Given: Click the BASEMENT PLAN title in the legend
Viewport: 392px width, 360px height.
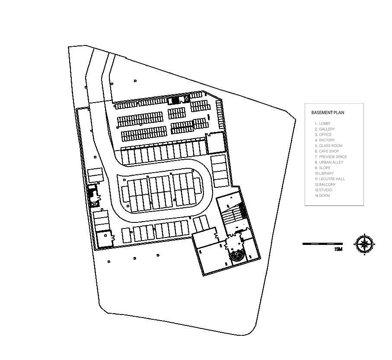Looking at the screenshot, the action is pyautogui.click(x=328, y=113).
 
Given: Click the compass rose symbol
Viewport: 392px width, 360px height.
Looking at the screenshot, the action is pyautogui.click(x=365, y=244).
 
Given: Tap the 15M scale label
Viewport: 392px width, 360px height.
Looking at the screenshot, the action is pyautogui.click(x=338, y=250).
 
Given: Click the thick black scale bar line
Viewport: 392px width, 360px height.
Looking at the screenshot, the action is pyautogui.click(x=322, y=244).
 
